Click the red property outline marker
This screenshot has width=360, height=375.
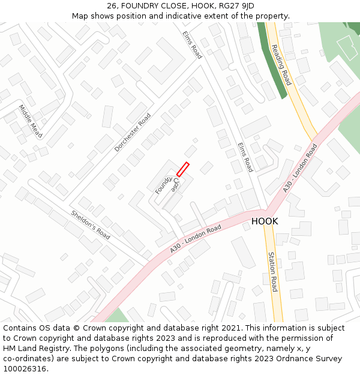[x=182, y=169]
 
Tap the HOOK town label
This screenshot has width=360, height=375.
[x=265, y=221]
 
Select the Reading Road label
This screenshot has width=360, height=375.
[x=281, y=65]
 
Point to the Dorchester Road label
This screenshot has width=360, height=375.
[x=133, y=132]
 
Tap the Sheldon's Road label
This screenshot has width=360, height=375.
[x=91, y=224]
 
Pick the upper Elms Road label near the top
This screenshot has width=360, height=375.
[x=192, y=44]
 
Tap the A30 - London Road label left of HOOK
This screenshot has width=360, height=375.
[x=196, y=238]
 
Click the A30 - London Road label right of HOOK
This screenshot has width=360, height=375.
[x=300, y=169]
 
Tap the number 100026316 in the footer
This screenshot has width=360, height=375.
[x=25, y=369]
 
